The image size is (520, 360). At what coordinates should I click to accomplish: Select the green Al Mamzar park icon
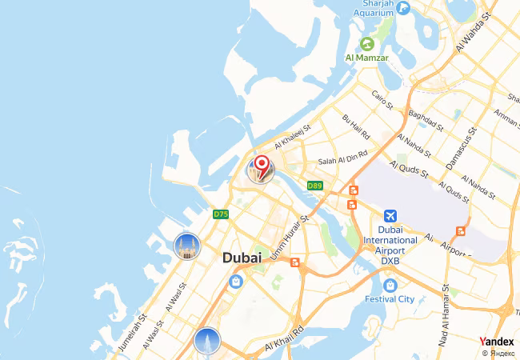click(x=367, y=43)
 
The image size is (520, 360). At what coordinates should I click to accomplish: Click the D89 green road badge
click(x=314, y=186)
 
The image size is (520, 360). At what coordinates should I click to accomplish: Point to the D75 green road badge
click(x=222, y=214)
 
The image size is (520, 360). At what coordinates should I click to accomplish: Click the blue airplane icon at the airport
click(x=390, y=217)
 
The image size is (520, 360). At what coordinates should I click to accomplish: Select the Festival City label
click(x=390, y=299)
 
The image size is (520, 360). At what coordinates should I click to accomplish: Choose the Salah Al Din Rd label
click(x=343, y=158)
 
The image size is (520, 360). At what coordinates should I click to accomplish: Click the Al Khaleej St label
click(x=291, y=140)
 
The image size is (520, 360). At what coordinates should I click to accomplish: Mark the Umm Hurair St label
click(x=293, y=232)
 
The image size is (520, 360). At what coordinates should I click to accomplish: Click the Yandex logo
click(x=496, y=342)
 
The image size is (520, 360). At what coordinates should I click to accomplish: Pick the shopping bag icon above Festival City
click(x=390, y=285)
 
